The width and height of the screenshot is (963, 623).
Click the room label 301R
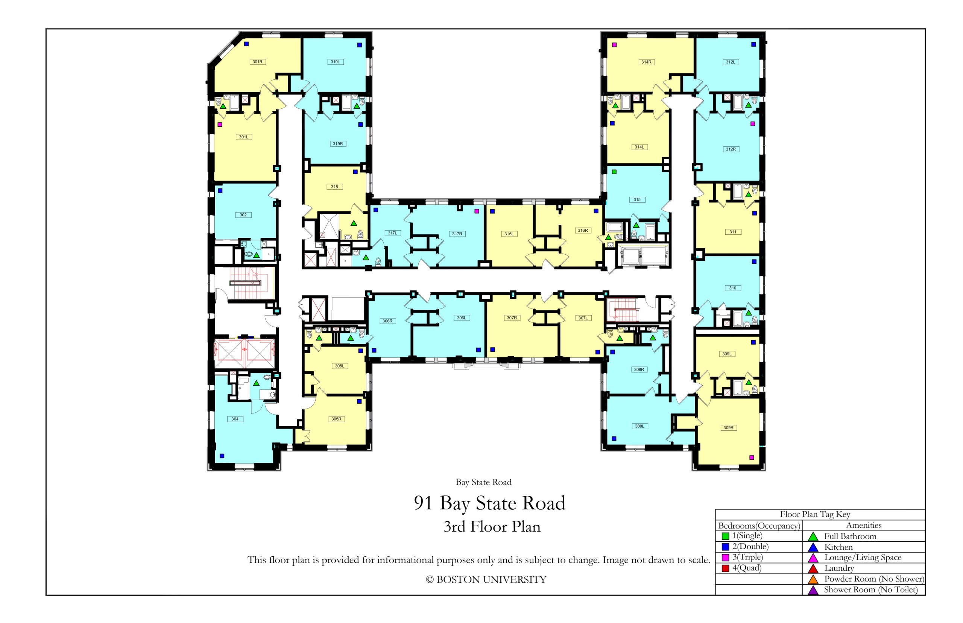[257, 62]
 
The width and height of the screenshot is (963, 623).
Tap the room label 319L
[335, 62]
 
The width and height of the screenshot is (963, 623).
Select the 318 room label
[334, 187]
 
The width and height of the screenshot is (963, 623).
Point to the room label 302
[243, 215]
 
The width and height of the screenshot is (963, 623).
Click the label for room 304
[235, 419]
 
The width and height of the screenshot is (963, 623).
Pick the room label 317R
[457, 234]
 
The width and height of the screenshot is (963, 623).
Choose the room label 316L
[509, 234]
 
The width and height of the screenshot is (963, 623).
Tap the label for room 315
[637, 199]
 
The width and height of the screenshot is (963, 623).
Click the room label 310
[733, 288]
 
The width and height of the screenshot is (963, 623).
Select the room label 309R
[728, 428]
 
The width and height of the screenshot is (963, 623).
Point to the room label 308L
[639, 426]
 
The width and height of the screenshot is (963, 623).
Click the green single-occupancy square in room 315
[614, 172]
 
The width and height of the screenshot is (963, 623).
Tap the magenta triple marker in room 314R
[614, 45]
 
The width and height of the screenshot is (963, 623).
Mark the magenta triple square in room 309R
[752, 457]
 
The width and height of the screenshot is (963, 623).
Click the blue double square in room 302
[220, 190]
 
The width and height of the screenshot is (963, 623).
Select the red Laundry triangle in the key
[813, 569]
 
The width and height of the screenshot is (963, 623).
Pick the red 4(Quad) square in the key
[725, 568]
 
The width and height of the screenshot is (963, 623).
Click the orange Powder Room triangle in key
[813, 579]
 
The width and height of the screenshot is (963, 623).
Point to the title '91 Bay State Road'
[490, 503]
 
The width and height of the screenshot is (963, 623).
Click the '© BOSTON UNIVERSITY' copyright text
[486, 580]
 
